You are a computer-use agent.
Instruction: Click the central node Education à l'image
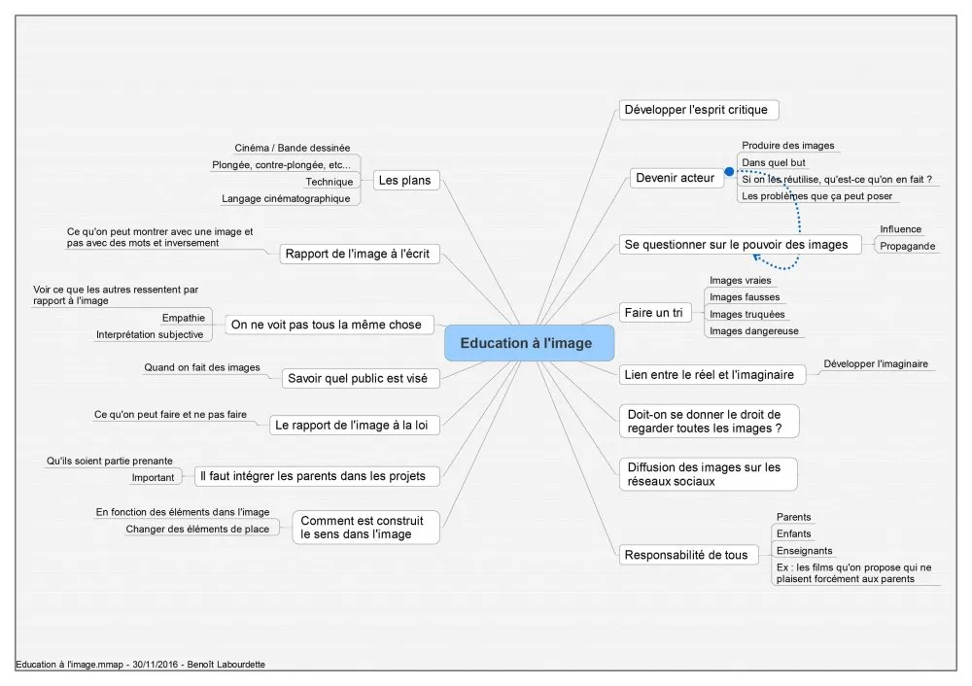tap(529, 343)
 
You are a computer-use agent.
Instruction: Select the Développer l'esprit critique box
tap(699, 110)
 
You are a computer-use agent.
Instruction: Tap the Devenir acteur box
tap(677, 178)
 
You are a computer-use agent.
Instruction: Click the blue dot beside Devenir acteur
tap(729, 172)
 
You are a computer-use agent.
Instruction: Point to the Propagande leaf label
tap(907, 246)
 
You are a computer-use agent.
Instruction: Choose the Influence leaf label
tap(900, 229)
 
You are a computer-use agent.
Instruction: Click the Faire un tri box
tap(654, 312)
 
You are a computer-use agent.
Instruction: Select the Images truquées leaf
tap(746, 314)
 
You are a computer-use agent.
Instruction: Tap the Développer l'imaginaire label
tap(876, 363)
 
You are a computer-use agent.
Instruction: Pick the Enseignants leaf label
tap(804, 551)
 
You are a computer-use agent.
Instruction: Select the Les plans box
tap(405, 181)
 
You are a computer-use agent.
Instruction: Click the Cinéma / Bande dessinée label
tap(292, 148)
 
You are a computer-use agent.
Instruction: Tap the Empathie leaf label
tap(183, 318)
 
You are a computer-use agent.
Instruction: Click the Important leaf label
tap(153, 478)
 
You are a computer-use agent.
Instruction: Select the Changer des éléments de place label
tap(197, 530)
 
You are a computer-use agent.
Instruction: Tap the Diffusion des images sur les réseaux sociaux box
tap(708, 474)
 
